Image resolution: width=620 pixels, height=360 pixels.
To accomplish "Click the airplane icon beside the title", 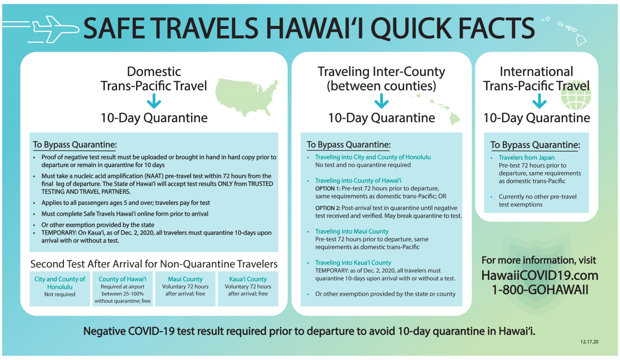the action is (x=54, y=29).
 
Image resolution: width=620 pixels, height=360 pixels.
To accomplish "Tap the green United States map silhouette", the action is (x=247, y=97).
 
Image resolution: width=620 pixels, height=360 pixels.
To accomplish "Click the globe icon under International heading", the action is (x=576, y=95).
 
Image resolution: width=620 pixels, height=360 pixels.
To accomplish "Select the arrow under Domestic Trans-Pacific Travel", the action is (x=154, y=101).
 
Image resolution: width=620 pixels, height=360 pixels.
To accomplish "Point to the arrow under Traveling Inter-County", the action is (x=381, y=101).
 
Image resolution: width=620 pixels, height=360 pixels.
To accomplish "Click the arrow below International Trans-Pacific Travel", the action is (x=540, y=101).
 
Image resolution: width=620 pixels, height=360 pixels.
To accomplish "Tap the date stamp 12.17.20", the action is (x=589, y=342).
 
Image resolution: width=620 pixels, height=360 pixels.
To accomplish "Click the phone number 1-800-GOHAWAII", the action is (x=540, y=290).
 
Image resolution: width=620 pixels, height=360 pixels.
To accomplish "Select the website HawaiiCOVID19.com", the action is (x=540, y=276).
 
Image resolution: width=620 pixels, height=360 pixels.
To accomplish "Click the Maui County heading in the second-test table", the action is (x=185, y=279).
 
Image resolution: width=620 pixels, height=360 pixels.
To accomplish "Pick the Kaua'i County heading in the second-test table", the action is (x=248, y=279).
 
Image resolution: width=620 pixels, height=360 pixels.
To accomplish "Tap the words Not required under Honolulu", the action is (x=60, y=294).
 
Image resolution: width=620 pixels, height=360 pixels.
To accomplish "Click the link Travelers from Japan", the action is (x=527, y=158).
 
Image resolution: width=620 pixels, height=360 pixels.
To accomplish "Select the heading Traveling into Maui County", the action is (x=352, y=231).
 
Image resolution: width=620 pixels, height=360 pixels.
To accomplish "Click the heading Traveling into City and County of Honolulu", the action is (x=373, y=157).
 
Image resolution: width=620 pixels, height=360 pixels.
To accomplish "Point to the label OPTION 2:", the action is (x=328, y=208).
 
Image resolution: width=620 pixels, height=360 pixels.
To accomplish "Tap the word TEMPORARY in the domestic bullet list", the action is (x=59, y=233).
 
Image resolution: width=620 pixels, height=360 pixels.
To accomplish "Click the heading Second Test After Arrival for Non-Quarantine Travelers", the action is (x=154, y=264).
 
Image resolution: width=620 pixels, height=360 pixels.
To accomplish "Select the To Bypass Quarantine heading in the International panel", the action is (x=535, y=145).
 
